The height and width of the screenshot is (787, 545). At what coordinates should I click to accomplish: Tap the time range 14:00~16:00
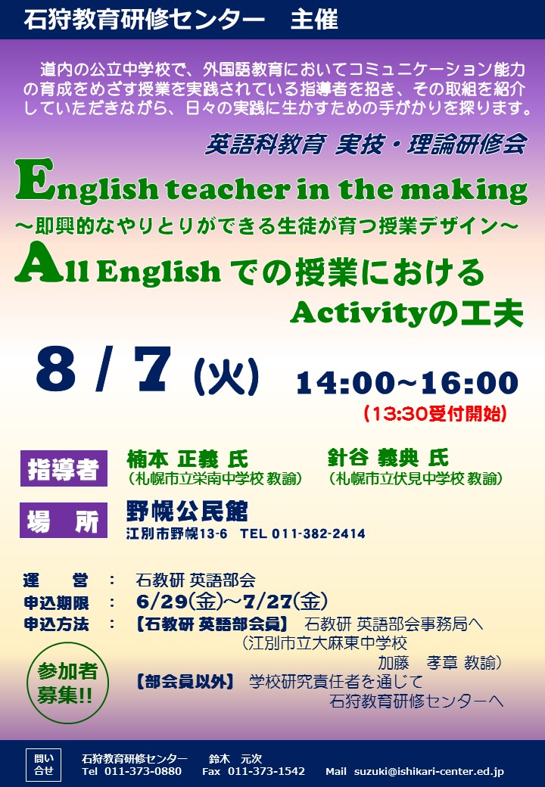click(x=407, y=384)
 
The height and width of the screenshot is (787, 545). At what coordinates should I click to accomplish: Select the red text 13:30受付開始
click(x=435, y=414)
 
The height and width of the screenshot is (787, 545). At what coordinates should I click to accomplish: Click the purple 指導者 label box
click(x=64, y=468)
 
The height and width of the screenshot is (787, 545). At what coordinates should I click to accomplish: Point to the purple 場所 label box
click(x=64, y=520)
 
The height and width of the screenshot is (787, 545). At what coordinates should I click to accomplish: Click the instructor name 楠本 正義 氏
click(x=187, y=459)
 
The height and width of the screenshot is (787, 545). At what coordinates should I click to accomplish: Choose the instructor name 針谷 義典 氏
click(x=388, y=458)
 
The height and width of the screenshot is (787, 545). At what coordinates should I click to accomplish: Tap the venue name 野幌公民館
click(x=187, y=512)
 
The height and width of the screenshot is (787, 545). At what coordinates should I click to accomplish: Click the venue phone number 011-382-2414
click(x=318, y=534)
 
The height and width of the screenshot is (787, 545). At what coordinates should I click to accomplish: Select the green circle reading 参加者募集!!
click(x=67, y=683)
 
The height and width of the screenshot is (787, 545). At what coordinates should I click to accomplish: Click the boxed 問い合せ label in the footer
click(x=44, y=765)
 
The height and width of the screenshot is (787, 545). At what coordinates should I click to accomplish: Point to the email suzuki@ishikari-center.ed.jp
click(x=429, y=772)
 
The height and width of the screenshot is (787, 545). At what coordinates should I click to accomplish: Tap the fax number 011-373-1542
click(x=266, y=771)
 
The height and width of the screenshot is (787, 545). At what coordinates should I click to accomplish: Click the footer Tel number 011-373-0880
click(x=143, y=771)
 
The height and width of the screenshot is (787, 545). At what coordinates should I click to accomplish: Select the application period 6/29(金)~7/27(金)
click(x=232, y=601)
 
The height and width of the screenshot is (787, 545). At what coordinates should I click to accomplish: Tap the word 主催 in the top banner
click(x=314, y=20)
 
